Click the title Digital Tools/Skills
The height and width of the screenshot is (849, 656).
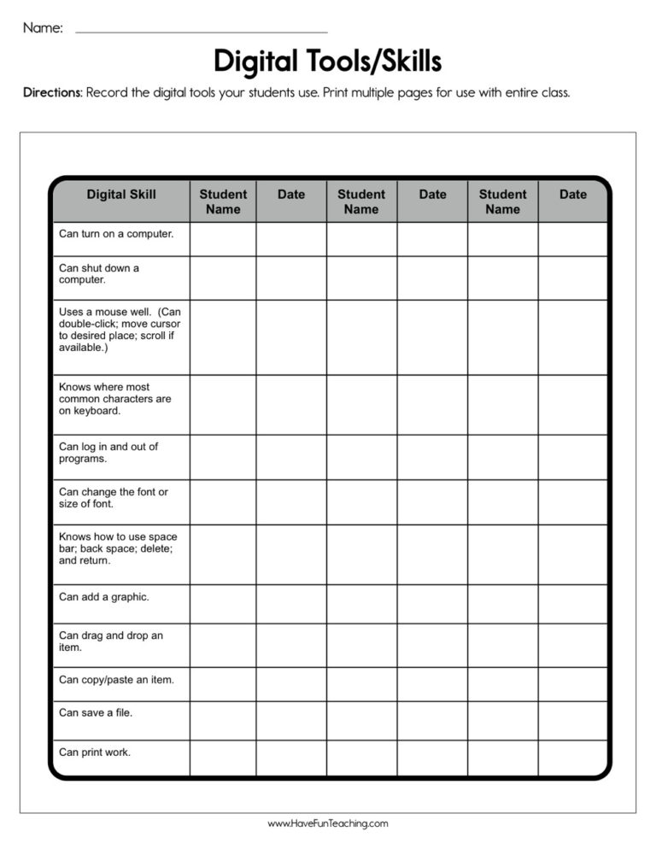(x=327, y=61)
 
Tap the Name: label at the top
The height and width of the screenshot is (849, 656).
(x=43, y=28)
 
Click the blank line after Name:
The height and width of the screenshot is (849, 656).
(x=202, y=32)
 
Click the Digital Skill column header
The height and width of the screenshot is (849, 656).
(x=121, y=195)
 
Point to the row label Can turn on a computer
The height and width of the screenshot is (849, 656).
(x=116, y=233)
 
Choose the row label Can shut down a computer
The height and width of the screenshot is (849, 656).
(x=99, y=273)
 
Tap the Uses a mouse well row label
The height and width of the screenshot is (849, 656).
(x=120, y=330)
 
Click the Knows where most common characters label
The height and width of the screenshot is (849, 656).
(x=115, y=399)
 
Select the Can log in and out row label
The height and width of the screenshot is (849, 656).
(x=108, y=453)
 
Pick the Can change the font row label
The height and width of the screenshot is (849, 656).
(x=114, y=498)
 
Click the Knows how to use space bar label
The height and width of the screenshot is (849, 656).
(x=118, y=549)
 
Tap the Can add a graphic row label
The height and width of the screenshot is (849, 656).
(x=104, y=597)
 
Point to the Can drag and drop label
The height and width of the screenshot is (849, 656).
(x=111, y=641)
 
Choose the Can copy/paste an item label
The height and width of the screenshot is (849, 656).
(x=116, y=680)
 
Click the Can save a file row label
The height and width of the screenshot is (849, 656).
(x=96, y=712)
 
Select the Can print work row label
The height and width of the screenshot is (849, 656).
(x=95, y=752)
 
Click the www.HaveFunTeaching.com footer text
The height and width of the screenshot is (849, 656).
(x=328, y=824)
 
